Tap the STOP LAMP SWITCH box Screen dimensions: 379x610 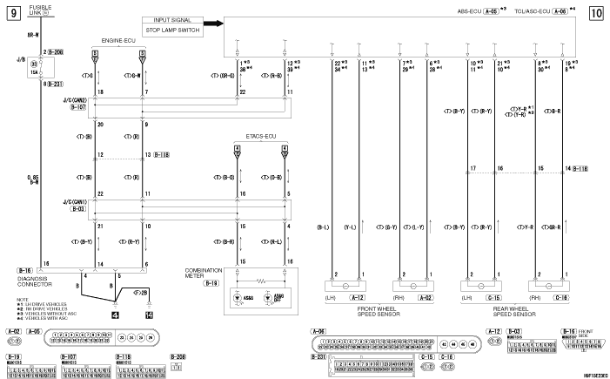pos(172,30)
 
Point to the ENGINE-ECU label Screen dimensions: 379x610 pos(118,40)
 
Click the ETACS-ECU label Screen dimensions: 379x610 pos(259,138)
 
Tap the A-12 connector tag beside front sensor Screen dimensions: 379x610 pos(357,296)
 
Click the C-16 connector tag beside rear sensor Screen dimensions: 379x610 pos(561,296)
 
